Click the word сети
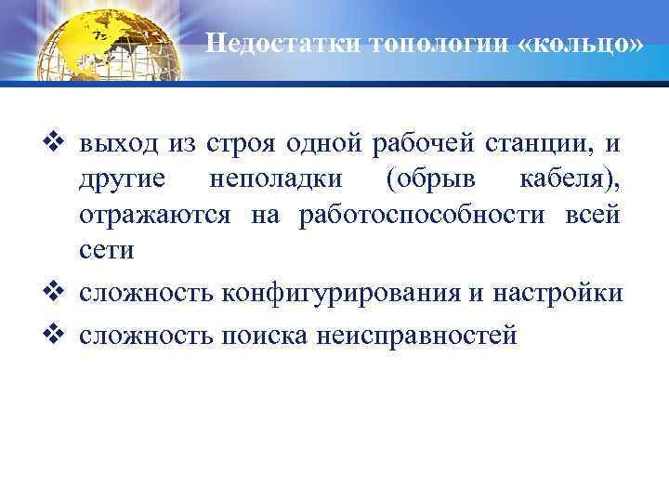106,251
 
